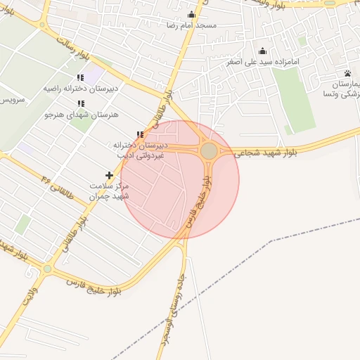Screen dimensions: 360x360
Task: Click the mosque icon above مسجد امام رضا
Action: tap(191, 14)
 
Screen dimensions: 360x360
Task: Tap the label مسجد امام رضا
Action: tap(191, 25)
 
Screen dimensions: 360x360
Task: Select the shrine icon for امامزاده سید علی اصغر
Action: tap(263, 51)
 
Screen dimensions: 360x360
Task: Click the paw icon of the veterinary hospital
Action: tap(347, 73)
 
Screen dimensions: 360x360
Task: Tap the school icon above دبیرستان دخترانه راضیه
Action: tap(79, 78)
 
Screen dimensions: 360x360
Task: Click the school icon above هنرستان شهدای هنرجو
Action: tap(79, 103)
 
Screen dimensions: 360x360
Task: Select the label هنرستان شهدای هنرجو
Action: tap(81, 114)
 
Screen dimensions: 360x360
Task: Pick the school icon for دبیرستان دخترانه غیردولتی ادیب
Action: tap(140, 134)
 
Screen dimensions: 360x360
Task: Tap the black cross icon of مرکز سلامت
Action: tap(109, 174)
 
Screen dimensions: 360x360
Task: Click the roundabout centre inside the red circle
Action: tap(209, 151)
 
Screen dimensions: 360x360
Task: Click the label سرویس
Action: tap(12, 99)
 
